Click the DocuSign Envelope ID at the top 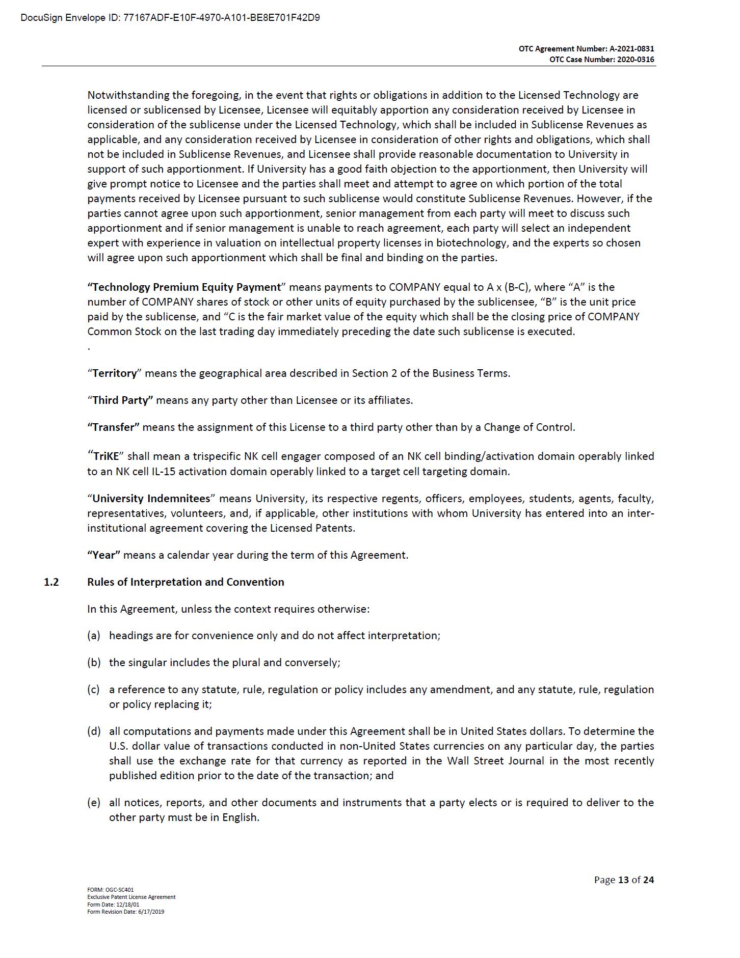coord(170,18)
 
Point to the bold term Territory coord(115,373)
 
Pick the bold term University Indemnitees coord(151,499)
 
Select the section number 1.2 coord(51,582)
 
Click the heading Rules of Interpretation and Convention coord(186,582)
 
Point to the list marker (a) coord(94,636)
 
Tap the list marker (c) coord(93,690)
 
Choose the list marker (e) coord(94,803)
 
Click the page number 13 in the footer coord(623,880)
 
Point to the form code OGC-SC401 coord(123,890)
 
